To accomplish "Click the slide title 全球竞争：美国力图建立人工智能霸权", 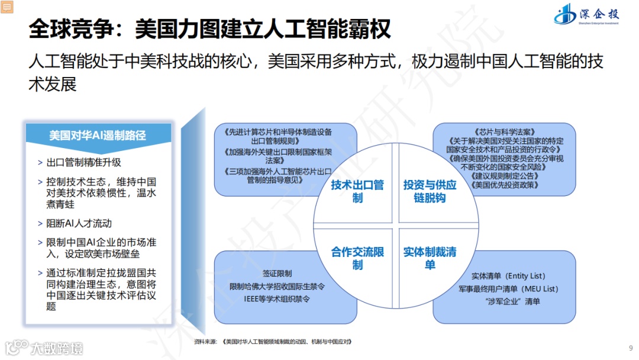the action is pos(210,28).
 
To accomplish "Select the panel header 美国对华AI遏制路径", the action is pos(98,135).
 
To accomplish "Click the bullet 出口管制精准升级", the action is pos(83,162).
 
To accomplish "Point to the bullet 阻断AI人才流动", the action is pos(79,223).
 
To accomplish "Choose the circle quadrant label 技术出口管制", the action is pos(357,191).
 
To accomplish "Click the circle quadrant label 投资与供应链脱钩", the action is pos(430,191).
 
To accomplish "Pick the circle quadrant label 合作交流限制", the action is pos(357,258).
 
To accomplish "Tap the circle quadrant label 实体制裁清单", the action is pos(430,258).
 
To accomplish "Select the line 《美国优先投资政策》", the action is pos(505,185).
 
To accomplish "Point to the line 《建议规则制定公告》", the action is pos(505,176).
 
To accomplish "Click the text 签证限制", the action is pos(277,274).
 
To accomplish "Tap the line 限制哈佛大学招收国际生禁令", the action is pos(277,286).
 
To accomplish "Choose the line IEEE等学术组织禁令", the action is pos(277,298).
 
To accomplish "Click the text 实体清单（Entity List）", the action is pos(508,276).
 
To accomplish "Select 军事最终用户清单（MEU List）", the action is pos(508,289).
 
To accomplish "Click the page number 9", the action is pos(630,348).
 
